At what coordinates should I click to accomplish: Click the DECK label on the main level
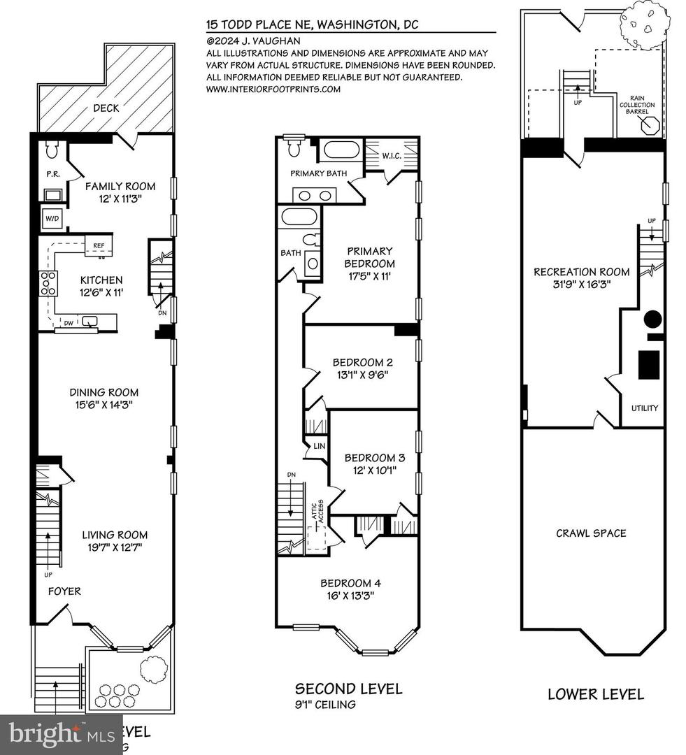(x=105, y=108)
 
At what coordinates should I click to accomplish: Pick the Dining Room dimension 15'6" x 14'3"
(x=103, y=404)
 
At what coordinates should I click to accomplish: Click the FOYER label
(x=64, y=591)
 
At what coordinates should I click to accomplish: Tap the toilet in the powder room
(x=50, y=150)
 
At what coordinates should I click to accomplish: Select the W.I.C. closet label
(x=390, y=155)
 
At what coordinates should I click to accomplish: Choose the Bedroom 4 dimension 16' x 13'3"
(x=350, y=596)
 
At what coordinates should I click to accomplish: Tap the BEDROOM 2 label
(x=362, y=362)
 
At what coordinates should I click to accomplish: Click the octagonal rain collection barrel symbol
(x=649, y=127)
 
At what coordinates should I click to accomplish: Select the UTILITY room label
(x=644, y=408)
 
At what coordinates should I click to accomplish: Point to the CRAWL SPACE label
(x=591, y=533)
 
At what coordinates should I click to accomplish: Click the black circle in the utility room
(x=652, y=319)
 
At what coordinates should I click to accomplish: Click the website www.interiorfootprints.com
(x=273, y=89)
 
